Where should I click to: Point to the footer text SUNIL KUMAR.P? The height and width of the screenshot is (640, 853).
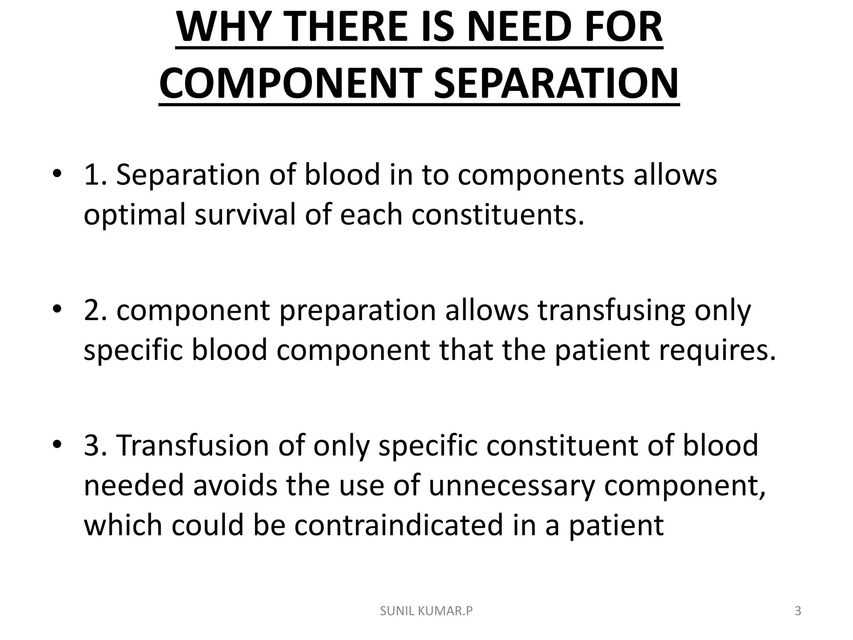[x=426, y=611]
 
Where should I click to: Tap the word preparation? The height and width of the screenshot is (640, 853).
[x=357, y=310]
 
